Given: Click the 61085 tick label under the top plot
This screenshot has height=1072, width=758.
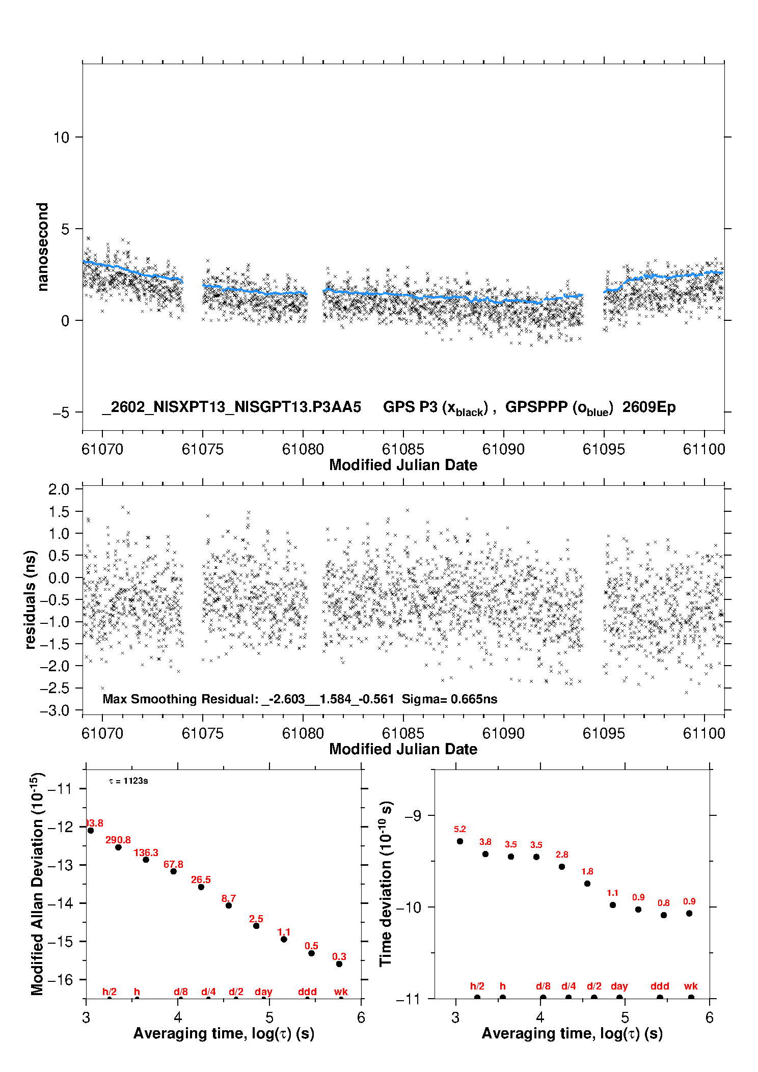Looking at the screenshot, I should point(402,449).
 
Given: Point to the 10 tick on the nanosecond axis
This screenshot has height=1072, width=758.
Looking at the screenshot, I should point(61,138).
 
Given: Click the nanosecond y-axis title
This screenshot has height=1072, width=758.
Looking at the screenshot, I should point(42,246).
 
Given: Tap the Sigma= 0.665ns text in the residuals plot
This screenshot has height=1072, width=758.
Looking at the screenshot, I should point(449,699).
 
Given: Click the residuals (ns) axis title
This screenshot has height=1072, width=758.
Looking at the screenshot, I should point(30,599).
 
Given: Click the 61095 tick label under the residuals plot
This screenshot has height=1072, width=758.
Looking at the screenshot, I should point(603,733).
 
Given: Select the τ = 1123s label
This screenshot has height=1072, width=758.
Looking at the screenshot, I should point(128,781).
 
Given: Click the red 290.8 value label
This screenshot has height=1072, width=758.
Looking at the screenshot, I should point(118,840).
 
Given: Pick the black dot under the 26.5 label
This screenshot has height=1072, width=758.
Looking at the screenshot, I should point(201,887).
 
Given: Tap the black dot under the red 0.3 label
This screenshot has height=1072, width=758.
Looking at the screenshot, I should point(339,964).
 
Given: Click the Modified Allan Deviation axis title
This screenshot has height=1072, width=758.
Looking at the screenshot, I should point(37,884).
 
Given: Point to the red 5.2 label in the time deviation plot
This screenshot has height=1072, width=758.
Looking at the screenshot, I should point(460,829).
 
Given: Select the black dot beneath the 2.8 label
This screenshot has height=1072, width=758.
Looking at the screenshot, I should point(562,866).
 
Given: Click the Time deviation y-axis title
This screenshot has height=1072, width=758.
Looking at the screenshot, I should point(386,884).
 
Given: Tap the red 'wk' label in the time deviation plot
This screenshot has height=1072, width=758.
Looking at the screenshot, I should point(691,986).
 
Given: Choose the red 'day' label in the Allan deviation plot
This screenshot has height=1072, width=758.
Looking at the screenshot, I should point(263,992).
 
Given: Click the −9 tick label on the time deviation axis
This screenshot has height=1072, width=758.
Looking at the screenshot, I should point(413,815).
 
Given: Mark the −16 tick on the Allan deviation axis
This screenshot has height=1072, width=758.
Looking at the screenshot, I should point(60,979).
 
